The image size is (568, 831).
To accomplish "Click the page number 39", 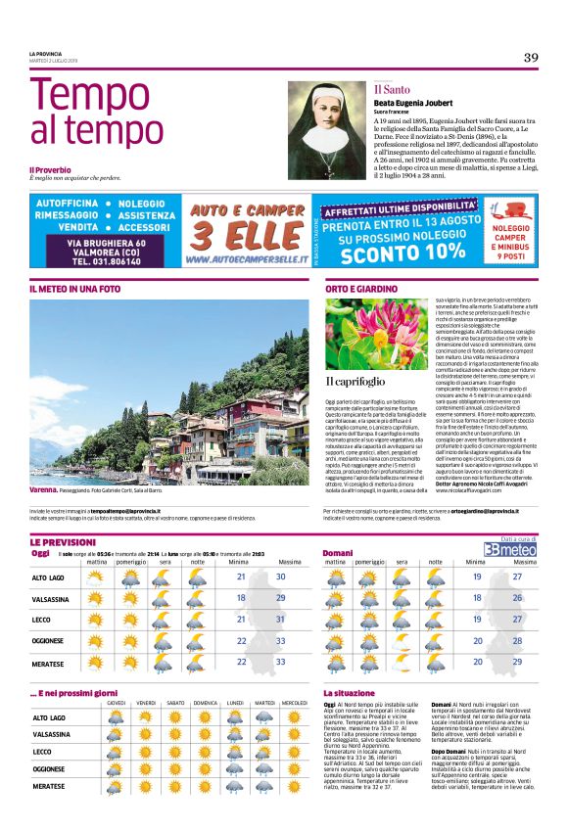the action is pos(530,57).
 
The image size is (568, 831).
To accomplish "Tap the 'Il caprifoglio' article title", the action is pos(356,381).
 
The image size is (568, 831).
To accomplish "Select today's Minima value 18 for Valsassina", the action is pos(241,598).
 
